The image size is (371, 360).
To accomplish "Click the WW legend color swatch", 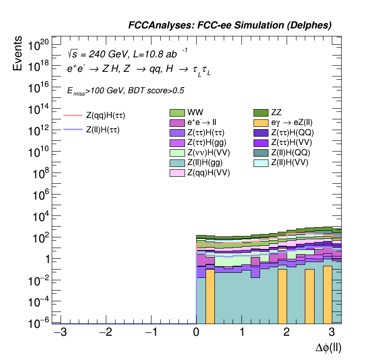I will (x=177, y=113).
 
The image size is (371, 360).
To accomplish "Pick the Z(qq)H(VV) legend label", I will (x=208, y=173).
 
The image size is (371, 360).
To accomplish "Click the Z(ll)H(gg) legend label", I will (x=205, y=163).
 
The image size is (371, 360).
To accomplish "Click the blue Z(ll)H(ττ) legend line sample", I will (x=72, y=131).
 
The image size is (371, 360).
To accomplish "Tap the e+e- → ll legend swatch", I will (x=177, y=123).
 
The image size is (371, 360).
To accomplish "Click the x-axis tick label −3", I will (x=59, y=332).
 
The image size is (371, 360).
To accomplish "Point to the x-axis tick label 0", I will (x=196, y=332).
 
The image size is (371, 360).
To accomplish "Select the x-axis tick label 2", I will (x=286, y=332).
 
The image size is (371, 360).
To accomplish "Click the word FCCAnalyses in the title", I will (x=154, y=26).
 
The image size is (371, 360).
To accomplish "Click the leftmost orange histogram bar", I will (x=210, y=296).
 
